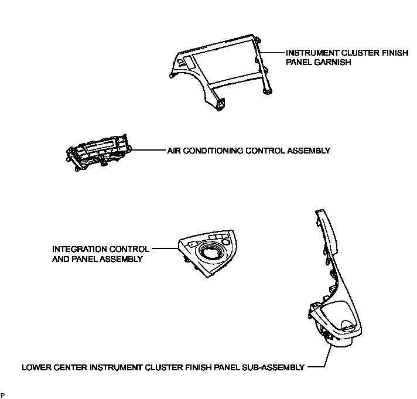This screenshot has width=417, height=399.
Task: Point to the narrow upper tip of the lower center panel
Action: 319,214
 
